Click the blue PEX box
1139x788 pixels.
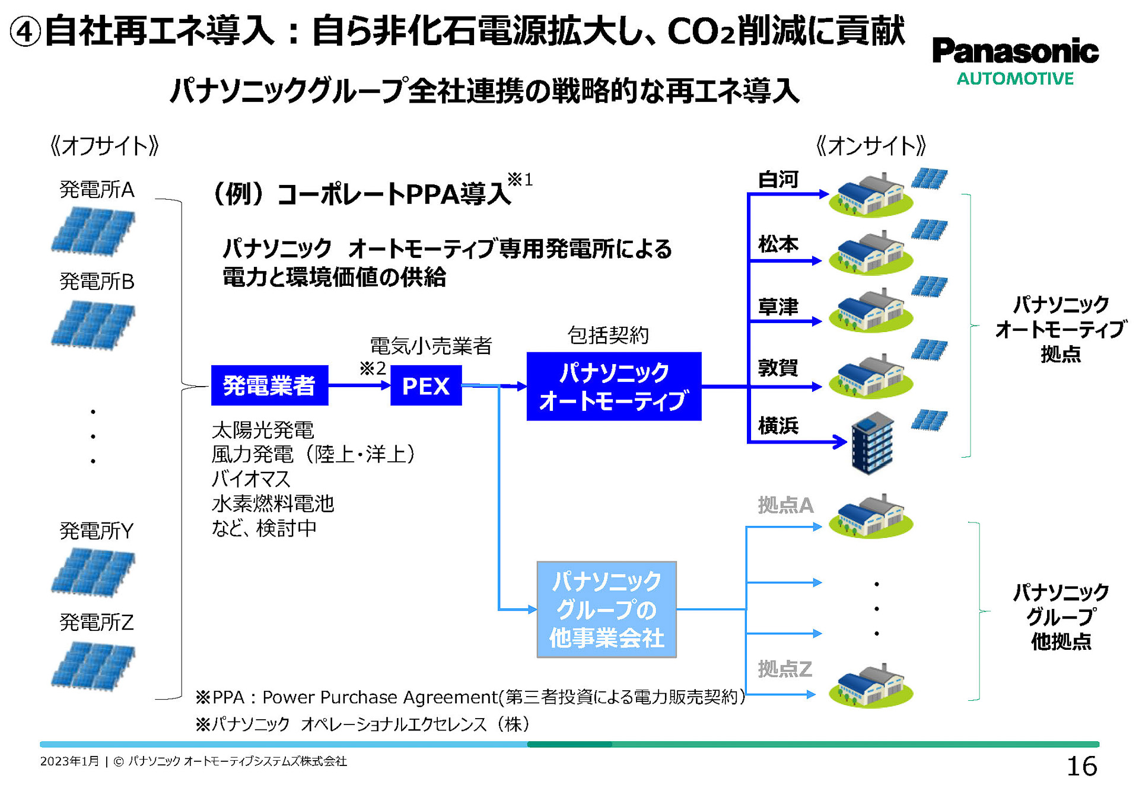point(425,386)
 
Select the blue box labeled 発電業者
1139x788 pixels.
point(269,385)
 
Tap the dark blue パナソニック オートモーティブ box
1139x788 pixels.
point(613,387)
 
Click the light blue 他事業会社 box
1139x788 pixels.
point(606,610)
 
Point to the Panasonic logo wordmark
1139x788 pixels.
point(1015,51)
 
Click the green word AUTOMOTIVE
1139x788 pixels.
point(1015,79)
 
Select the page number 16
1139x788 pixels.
point(1081,766)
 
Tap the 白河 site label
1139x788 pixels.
point(778,179)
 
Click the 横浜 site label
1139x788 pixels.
point(778,425)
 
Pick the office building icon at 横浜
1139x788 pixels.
point(872,443)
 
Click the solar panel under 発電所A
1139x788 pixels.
point(93,231)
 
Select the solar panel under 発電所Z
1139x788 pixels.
point(93,665)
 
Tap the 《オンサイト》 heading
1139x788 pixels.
point(871,146)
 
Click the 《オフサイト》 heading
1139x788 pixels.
point(105,146)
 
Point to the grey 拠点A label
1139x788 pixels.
point(785,505)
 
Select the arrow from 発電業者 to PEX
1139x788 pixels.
point(358,385)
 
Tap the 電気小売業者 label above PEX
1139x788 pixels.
point(431,346)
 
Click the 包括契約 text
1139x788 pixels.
point(607,336)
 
